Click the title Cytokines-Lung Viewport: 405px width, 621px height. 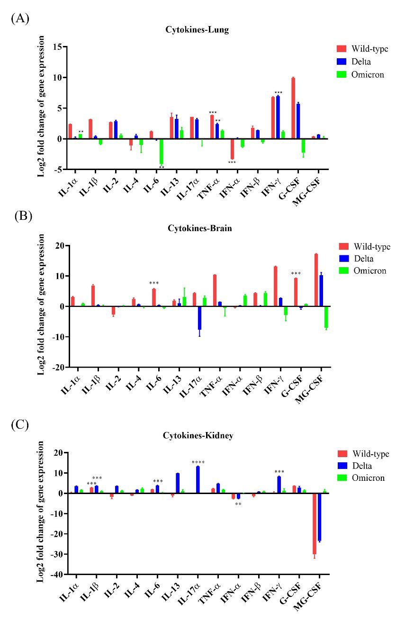click(197, 29)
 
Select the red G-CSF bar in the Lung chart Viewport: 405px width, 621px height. click(294, 108)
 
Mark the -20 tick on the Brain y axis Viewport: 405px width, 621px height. click(59, 367)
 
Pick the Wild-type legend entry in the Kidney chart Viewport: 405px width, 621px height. click(370, 454)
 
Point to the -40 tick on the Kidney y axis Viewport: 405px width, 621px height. click(59, 575)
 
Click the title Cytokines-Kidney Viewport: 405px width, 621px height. click(199, 436)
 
